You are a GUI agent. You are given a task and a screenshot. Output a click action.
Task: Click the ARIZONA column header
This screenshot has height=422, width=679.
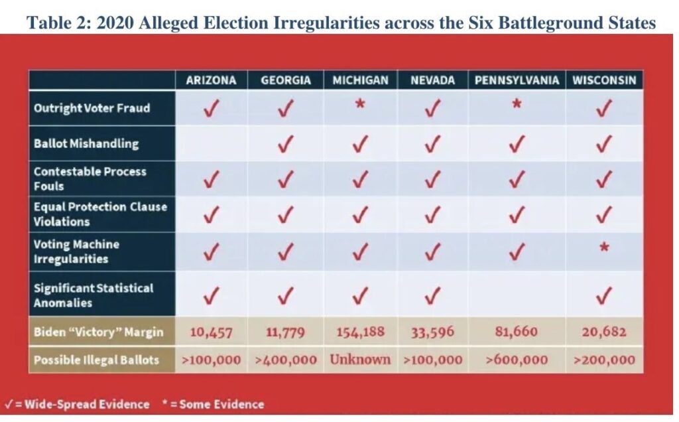[x=211, y=80]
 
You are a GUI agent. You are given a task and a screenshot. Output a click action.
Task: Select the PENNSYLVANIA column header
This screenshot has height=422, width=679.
[x=517, y=80]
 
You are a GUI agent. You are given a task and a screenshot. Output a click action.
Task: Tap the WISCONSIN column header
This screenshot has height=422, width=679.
[x=604, y=80]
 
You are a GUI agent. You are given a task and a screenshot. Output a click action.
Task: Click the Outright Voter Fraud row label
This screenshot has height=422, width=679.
[x=92, y=108]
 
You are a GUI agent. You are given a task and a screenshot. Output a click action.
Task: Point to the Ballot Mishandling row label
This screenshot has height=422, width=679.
[x=86, y=143]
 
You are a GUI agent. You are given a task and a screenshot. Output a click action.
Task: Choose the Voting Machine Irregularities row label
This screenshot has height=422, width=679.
[x=76, y=251]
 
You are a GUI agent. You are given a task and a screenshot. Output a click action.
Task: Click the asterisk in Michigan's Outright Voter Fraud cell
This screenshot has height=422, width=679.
[x=360, y=104]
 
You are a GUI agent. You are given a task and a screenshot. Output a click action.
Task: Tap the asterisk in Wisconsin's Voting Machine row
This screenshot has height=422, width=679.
[x=604, y=247]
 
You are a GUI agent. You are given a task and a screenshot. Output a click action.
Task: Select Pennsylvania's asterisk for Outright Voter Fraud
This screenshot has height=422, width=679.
[x=516, y=104]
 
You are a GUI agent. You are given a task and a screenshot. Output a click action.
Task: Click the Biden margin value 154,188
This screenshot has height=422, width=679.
[x=360, y=332]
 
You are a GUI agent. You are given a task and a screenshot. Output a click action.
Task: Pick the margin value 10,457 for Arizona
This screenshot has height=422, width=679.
[x=211, y=332]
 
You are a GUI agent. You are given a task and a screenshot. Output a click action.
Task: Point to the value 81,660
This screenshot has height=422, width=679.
[x=516, y=332]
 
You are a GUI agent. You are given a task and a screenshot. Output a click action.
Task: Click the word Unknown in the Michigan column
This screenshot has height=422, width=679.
[x=360, y=359]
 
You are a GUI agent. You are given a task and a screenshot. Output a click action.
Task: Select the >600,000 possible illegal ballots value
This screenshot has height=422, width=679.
[x=516, y=360]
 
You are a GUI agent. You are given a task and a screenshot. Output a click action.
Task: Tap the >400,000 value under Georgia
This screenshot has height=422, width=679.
[x=285, y=360]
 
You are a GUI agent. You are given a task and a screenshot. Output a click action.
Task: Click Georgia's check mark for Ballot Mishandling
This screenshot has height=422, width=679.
[x=285, y=144]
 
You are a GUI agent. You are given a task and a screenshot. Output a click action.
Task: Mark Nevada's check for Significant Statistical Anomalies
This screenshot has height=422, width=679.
[x=432, y=296]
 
